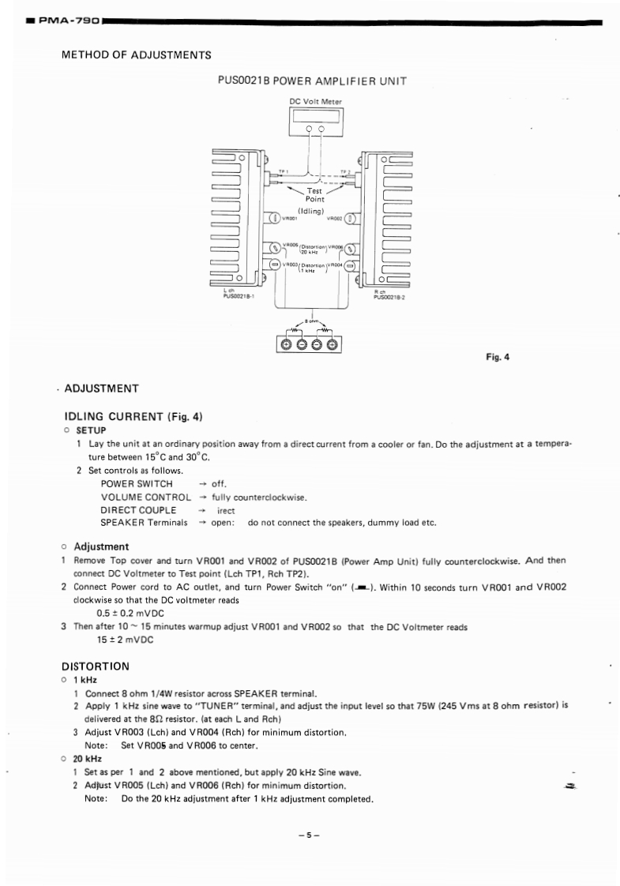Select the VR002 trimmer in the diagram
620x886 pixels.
tap(351, 219)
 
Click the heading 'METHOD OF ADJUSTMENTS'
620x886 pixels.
tap(136, 55)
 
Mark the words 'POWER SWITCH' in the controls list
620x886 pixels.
tap(136, 483)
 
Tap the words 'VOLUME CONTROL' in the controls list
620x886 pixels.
tap(145, 497)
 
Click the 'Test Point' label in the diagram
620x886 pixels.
tap(314, 194)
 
